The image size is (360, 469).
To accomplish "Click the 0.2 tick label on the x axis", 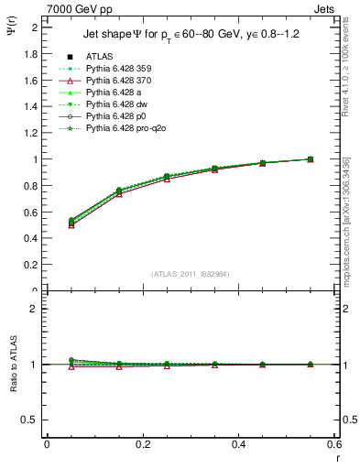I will tap(142, 444).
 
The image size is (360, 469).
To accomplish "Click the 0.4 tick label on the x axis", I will tap(238, 444).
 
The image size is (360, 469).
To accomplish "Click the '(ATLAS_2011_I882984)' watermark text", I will tap(190, 274).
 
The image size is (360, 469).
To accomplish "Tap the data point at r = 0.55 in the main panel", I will tap(311, 159).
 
